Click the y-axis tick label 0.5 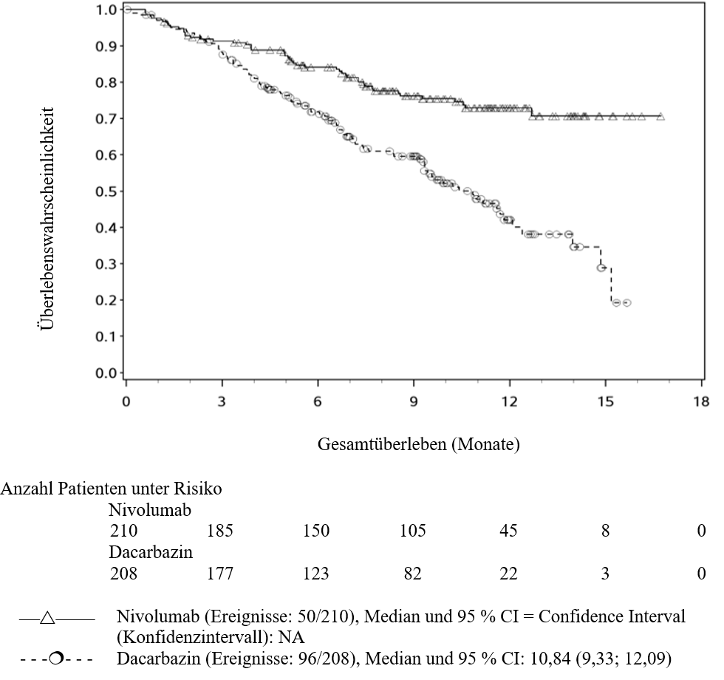coord(105,191)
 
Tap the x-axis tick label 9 coord(414,401)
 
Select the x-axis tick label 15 coord(605,401)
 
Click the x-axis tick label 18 coord(701,401)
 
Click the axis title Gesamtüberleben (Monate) coord(418,444)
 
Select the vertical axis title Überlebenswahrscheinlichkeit coord(47,219)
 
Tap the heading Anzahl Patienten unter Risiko coord(112,489)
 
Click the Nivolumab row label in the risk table coord(149,510)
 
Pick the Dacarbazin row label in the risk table coord(151,553)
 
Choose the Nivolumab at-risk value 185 coord(220,531)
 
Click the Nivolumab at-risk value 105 coord(413,531)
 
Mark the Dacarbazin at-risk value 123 coord(316,574)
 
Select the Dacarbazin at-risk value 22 coord(508,574)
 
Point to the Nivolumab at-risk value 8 coord(605,531)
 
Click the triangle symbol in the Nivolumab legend coord(47,618)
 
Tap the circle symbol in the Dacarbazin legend coord(56,658)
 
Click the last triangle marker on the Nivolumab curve coord(660,117)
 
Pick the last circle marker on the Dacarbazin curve coord(626,303)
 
